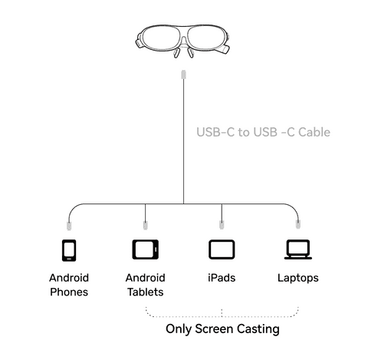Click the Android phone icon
coord(69,250)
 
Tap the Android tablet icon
coord(145,249)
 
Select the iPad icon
coord(222,249)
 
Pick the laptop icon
coord(298,249)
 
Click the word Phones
coord(69,292)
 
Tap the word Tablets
coord(146,292)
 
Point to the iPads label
coord(222,278)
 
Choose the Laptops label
coord(298,278)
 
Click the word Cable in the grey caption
coord(314,132)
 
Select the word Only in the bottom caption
coord(178,329)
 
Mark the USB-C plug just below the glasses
coord(183,74)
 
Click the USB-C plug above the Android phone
coord(69,226)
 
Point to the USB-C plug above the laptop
coord(298,224)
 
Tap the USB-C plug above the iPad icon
coord(222,224)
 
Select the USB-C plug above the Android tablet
coord(145,225)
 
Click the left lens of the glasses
coord(161,38)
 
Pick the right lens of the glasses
coord(206,38)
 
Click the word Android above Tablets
coord(146,278)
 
